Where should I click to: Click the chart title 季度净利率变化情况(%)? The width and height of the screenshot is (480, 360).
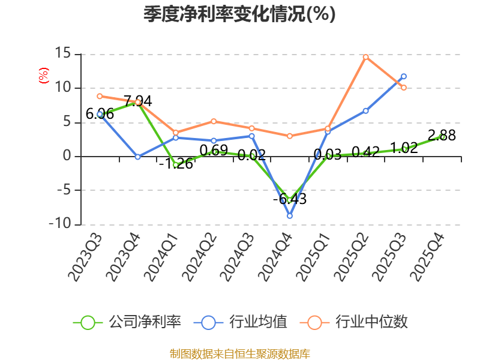click(239, 14)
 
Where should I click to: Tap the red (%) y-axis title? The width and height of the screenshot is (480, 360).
click(43, 76)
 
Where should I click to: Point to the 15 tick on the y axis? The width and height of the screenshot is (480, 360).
click(63, 53)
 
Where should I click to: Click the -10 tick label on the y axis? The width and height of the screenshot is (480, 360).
click(60, 223)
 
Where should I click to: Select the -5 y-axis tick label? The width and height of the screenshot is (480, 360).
click(64, 190)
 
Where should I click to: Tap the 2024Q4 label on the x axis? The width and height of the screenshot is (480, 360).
click(275, 257)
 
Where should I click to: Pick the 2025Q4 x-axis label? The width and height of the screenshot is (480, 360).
click(427, 257)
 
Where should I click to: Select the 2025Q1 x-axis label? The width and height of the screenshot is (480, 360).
click(313, 257)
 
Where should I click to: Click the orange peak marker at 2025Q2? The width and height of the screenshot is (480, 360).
click(365, 57)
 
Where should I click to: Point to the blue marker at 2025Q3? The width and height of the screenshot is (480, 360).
click(404, 76)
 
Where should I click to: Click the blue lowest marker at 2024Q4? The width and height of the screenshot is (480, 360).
click(290, 216)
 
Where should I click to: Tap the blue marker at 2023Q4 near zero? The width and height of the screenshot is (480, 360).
click(138, 157)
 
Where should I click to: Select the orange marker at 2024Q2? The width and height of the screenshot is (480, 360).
click(214, 122)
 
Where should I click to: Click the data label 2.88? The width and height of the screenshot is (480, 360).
click(442, 135)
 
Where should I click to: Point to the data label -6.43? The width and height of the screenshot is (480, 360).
click(290, 199)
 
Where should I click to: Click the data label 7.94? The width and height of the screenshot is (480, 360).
click(138, 101)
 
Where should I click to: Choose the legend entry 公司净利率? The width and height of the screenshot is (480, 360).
click(127, 322)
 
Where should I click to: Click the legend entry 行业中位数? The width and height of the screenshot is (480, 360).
click(354, 322)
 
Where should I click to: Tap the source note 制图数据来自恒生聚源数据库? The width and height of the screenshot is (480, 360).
click(240, 353)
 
